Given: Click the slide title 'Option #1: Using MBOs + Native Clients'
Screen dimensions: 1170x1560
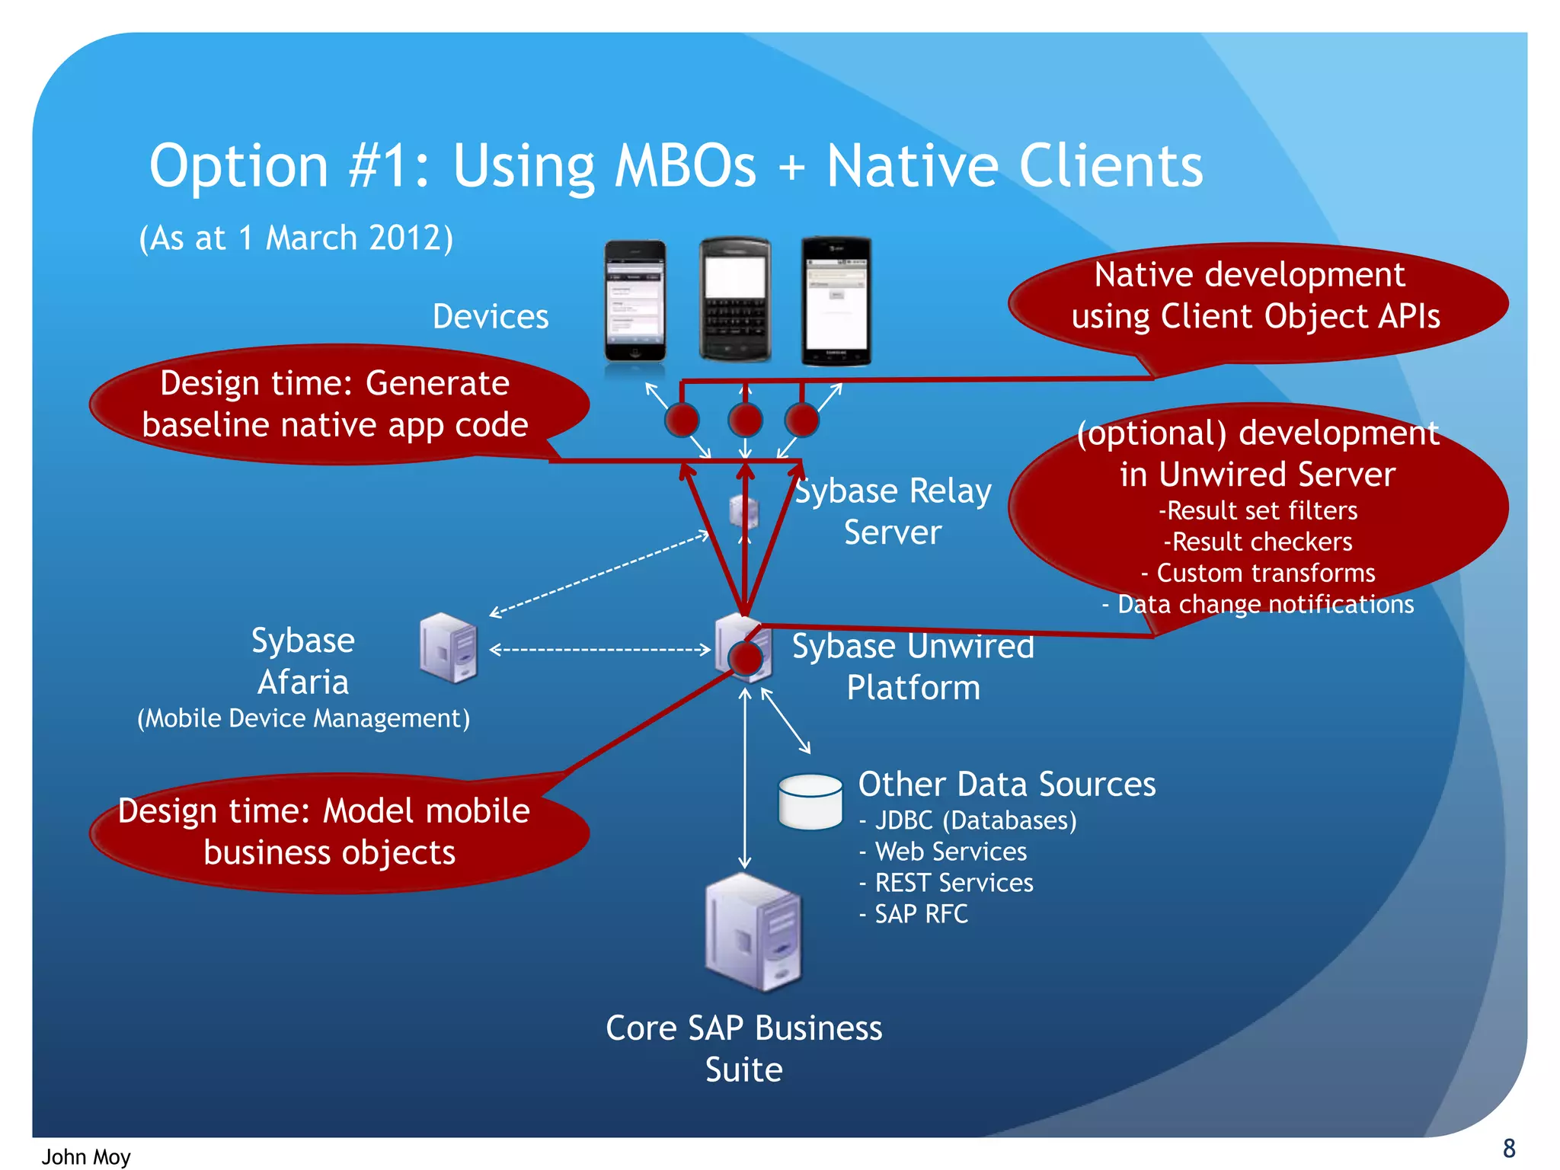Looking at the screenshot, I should tap(675, 165).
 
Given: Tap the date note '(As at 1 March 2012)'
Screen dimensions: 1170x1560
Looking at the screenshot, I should tap(296, 238).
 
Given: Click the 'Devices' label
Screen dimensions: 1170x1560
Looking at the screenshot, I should tap(490, 316).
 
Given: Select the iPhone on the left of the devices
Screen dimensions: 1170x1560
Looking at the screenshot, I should tap(635, 301).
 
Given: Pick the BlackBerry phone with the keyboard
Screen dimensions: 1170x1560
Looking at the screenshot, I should tap(734, 299).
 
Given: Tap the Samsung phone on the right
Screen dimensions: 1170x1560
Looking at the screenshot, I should tap(836, 302).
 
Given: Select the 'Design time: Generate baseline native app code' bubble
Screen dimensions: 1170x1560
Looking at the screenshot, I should tap(335, 404).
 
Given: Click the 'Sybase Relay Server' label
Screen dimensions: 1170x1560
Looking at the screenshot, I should tap(893, 511).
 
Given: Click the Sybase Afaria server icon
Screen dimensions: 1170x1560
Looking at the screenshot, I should tap(448, 647).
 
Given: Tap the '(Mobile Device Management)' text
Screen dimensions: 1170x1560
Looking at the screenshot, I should tap(303, 718).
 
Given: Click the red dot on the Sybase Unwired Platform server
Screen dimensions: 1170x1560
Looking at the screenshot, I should tap(745, 658).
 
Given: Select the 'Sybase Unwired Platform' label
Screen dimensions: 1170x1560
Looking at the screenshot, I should tap(913, 667).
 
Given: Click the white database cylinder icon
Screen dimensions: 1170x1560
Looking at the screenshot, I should tap(810, 801).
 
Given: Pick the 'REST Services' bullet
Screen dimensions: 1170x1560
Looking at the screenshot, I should tap(953, 883).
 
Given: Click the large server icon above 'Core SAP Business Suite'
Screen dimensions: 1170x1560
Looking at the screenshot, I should tap(752, 932).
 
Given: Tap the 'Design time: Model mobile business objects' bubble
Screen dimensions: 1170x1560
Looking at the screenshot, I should tap(328, 832).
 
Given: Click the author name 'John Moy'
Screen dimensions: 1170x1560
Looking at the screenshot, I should tap(86, 1156).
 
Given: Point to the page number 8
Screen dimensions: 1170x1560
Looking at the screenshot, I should tap(1508, 1148).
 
